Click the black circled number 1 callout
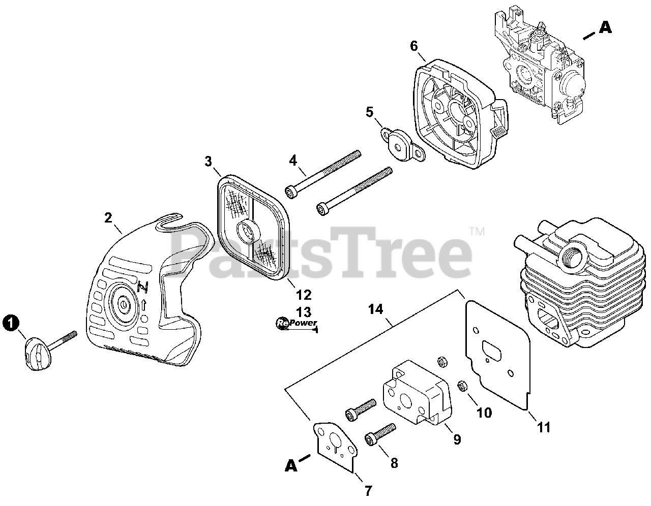(x=11, y=322)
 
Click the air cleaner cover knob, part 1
(x=34, y=355)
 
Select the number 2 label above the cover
(x=108, y=217)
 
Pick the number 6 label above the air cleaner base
(x=414, y=46)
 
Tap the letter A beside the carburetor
(x=605, y=27)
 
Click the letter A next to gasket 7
(x=291, y=465)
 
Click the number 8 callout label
(x=394, y=463)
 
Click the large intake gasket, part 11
(x=498, y=356)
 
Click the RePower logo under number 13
(x=297, y=323)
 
